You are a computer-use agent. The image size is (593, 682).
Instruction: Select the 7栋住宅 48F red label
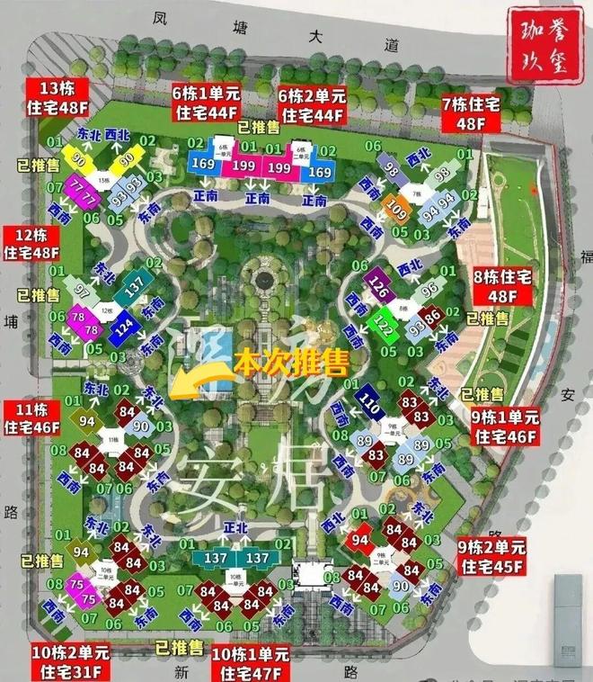470,114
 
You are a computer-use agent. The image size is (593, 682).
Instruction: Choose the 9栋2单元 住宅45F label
491,556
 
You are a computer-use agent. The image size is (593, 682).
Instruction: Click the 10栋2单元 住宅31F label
71,661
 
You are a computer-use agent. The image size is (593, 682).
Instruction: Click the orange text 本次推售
289,362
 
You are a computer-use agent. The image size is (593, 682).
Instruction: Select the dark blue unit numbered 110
369,402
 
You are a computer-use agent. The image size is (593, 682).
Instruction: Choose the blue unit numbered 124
124,329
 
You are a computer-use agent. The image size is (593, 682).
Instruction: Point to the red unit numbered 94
360,539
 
